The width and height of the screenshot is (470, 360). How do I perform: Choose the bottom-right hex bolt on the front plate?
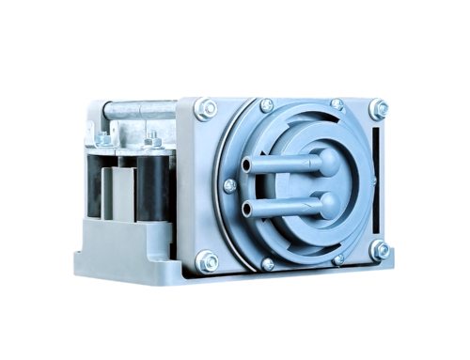380,250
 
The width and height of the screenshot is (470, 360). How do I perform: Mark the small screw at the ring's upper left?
266,105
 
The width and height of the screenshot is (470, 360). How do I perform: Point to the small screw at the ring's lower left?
268,263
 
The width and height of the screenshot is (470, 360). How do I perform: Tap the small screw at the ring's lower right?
337,258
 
